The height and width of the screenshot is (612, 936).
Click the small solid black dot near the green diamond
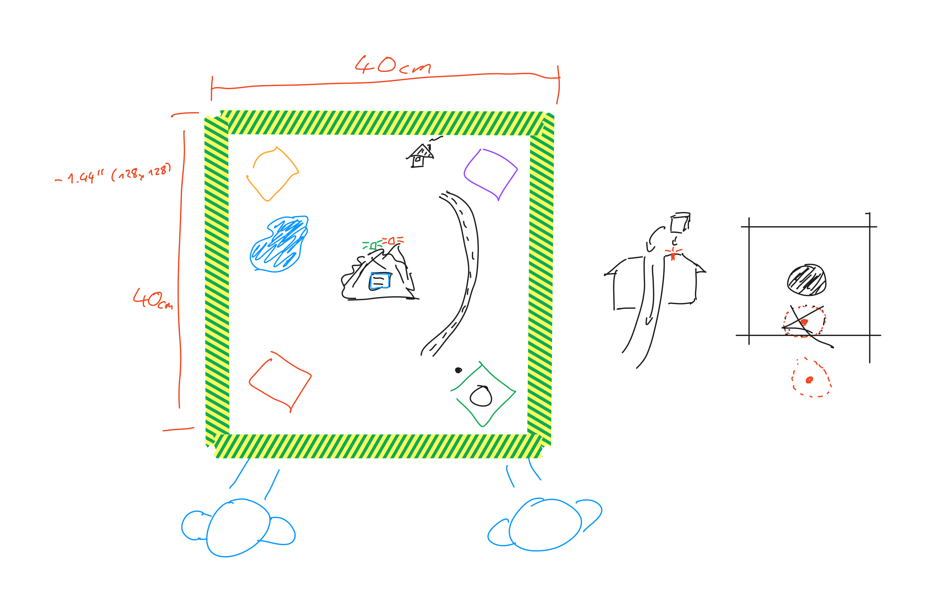coord(458,370)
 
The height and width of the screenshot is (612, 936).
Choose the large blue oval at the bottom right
coord(545,524)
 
